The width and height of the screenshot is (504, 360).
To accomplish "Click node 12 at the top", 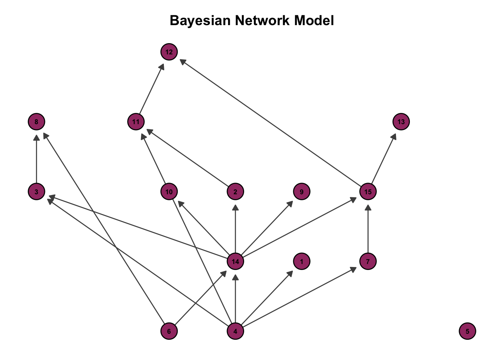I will pos(169,52).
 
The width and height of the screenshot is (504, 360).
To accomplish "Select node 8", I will pos(36,121).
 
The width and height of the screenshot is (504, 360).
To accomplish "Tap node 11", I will pos(136,121).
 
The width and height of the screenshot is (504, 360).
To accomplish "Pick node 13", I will pos(401,121).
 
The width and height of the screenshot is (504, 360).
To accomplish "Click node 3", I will pos(36,192).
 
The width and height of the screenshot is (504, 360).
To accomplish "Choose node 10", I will pos(169,192).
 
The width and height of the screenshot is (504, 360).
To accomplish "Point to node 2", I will pos(235,192).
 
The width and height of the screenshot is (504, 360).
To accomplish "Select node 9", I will pos(302,192).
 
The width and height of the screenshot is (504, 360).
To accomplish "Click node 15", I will pos(368,192).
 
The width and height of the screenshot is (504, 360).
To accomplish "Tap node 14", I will pos(235,261).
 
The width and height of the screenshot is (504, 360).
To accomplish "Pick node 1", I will pos(302,261).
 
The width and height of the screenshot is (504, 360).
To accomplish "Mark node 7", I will pos(368,261).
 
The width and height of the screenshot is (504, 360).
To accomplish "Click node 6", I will pos(169,331).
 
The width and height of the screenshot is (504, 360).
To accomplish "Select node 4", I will pos(235,331).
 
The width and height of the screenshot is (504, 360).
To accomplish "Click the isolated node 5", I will pos(467,331).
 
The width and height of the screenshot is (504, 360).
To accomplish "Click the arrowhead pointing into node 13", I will pos(394,136).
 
